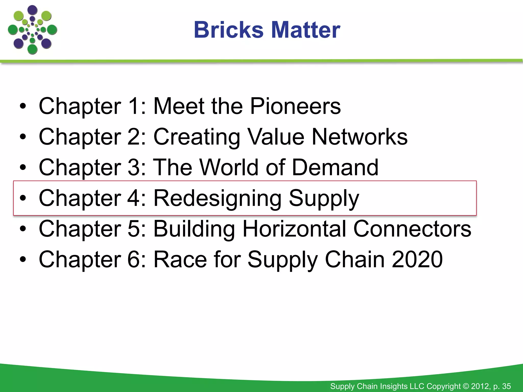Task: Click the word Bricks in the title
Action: (229, 30)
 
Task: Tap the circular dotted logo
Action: (32, 30)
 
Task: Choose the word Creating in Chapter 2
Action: (197, 137)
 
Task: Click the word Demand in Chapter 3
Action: (335, 167)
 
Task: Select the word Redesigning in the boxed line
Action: (217, 199)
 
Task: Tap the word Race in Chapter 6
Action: (180, 259)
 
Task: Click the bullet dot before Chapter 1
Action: (23, 106)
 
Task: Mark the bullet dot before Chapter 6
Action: (23, 260)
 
